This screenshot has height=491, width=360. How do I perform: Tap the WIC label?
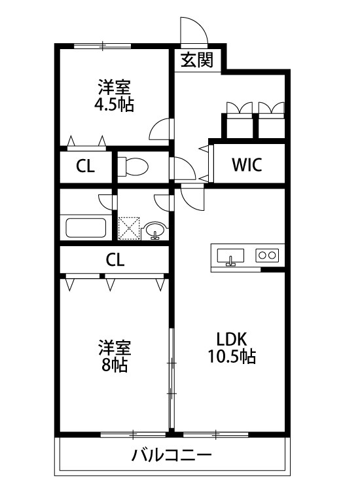coord(247,165)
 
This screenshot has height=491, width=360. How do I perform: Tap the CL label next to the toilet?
coord(85,166)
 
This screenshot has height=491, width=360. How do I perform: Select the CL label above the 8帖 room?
coord(115,259)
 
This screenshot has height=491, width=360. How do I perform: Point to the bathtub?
coord(86,228)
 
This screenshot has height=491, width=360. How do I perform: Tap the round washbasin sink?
coord(156,229)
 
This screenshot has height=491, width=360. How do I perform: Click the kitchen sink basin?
coord(230,255)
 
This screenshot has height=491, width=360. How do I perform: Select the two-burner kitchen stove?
coord(267,255)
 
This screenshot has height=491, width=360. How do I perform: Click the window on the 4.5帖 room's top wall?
coord(103,46)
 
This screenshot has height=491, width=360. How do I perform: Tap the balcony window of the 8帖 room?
coord(133,433)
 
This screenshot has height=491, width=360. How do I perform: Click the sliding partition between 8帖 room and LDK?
coord(171,380)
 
